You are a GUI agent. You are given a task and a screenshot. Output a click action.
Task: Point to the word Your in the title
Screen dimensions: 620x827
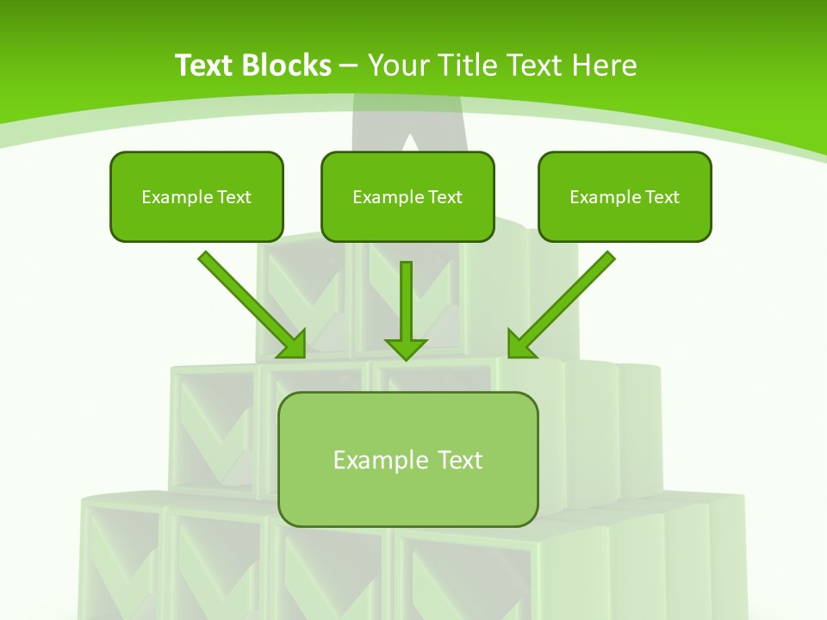[x=396, y=65]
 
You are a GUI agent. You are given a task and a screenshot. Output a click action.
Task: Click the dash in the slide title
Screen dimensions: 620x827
[x=349, y=65]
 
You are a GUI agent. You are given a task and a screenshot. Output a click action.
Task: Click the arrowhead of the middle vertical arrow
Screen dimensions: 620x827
[x=406, y=349]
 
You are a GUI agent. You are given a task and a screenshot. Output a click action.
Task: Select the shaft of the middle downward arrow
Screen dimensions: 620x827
[x=406, y=297]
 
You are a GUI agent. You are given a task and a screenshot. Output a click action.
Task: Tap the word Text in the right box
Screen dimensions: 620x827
[x=662, y=197]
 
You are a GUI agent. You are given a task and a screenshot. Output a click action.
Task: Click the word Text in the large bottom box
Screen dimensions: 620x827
[x=460, y=460]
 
